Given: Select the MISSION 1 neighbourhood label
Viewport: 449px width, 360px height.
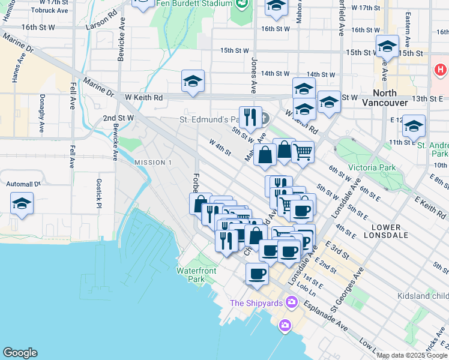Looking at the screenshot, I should [152, 163].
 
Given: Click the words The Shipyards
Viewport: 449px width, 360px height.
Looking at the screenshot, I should [256, 303].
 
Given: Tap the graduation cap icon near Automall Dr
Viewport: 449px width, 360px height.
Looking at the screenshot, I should [22, 205].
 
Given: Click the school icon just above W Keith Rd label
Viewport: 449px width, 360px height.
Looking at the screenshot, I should [193, 81].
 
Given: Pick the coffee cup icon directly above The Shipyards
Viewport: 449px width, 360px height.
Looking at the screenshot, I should [258, 274].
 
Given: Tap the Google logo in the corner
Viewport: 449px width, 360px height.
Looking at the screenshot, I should [20, 353].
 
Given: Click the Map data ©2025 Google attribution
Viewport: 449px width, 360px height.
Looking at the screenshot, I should [411, 355].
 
